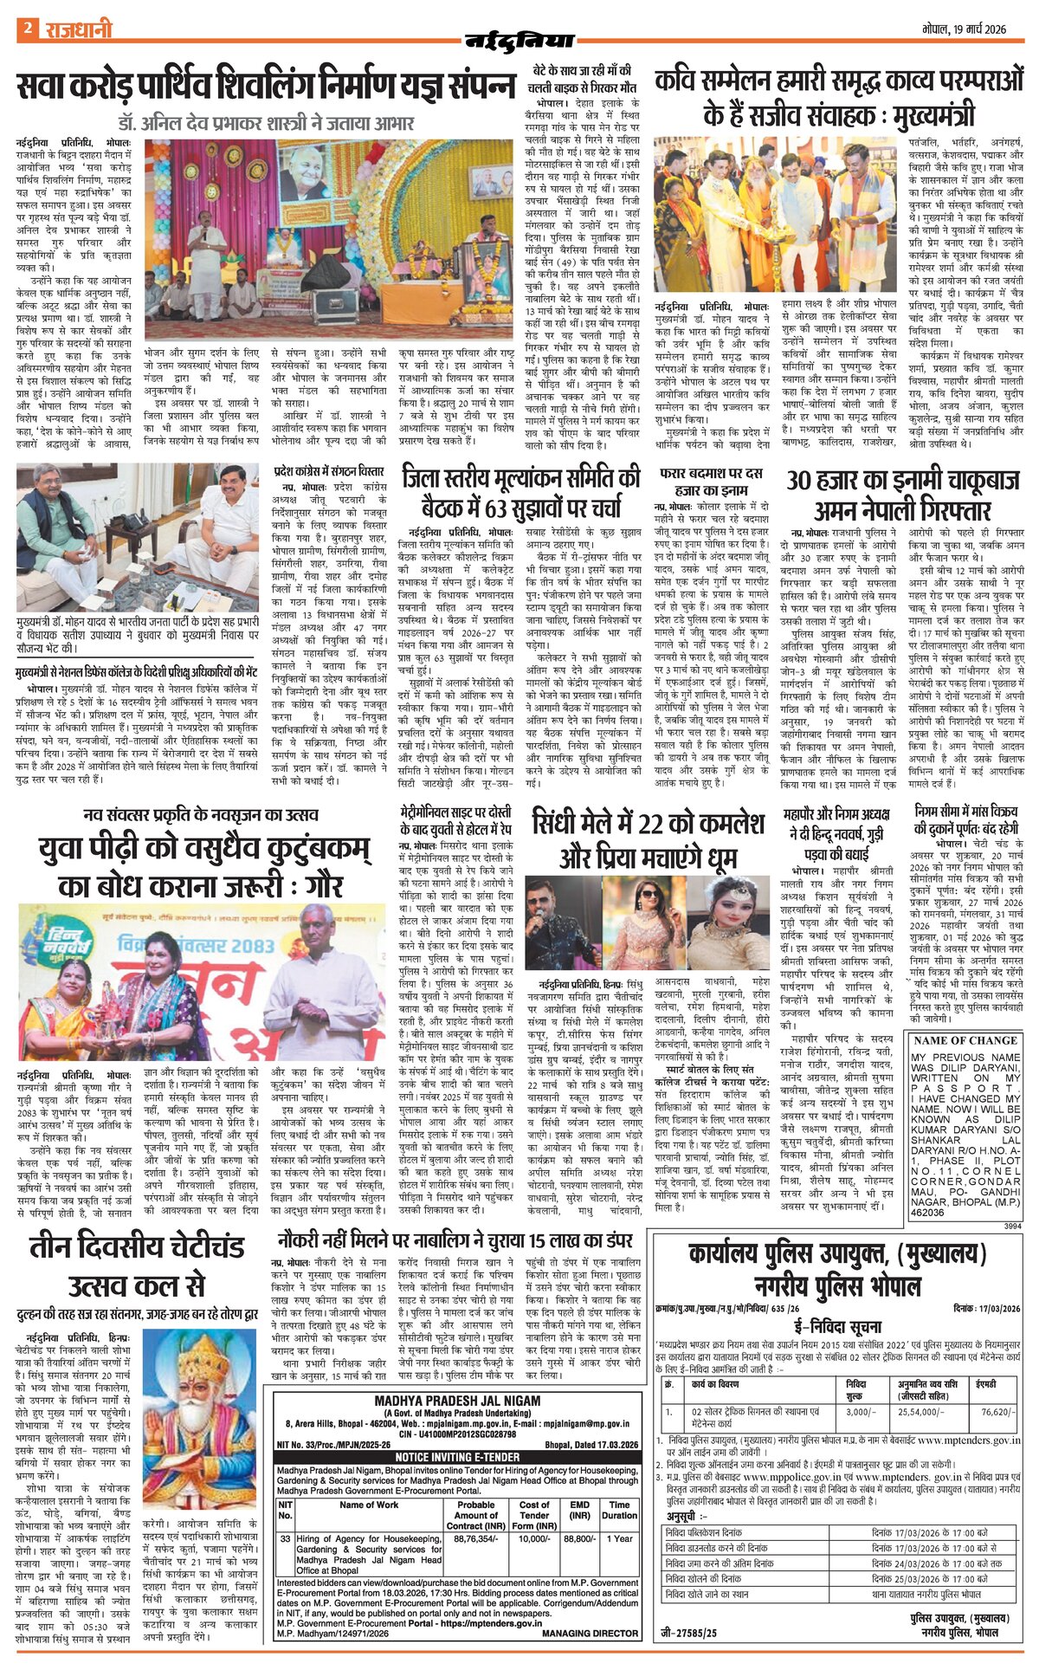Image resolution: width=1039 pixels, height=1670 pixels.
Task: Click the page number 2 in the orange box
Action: (x=27, y=29)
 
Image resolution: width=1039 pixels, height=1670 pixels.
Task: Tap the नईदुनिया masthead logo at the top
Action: (x=520, y=39)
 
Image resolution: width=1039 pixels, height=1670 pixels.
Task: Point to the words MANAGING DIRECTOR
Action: (x=591, y=1633)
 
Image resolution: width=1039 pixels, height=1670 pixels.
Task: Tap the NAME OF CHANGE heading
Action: (x=965, y=1040)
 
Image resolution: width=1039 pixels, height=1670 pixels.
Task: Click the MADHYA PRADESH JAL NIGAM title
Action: (x=457, y=1401)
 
